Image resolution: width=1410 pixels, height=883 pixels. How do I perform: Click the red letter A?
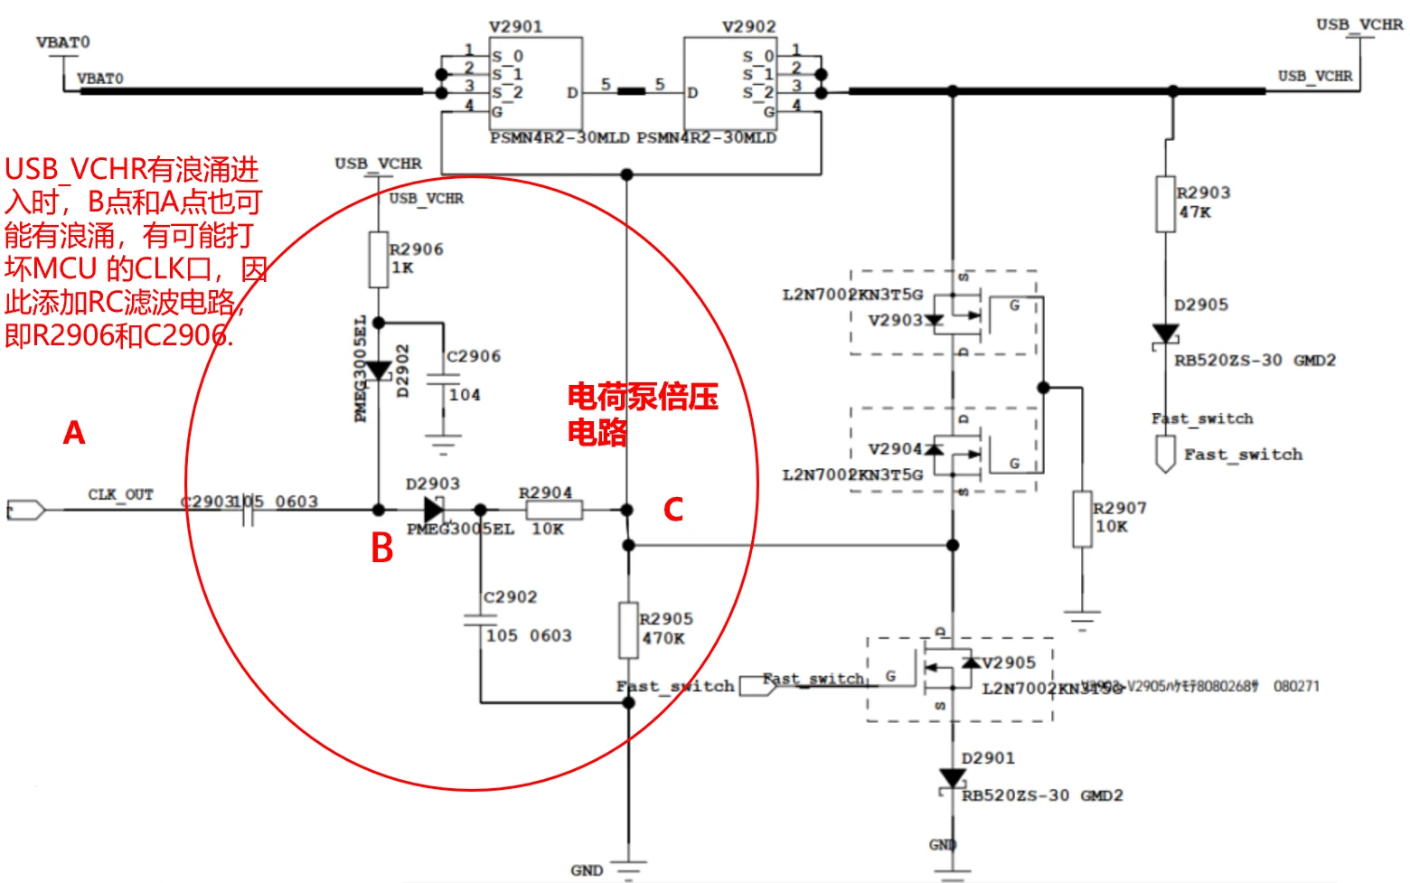pos(74,433)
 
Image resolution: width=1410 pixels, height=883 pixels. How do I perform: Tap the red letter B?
pos(382,548)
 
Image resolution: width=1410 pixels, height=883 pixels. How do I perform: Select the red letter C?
pos(673,510)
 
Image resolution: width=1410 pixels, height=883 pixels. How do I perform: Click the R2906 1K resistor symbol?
pos(379,259)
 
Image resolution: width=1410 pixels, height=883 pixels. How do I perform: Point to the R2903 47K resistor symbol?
pos(1166,204)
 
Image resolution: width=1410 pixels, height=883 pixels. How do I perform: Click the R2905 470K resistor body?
pos(629,630)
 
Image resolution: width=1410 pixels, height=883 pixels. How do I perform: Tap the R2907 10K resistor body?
pos(1082,519)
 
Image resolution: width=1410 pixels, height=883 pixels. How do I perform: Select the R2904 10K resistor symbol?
pos(554,510)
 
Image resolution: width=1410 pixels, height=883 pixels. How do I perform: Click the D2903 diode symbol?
pos(433,510)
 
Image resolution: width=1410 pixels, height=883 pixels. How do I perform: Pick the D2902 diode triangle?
pos(379,371)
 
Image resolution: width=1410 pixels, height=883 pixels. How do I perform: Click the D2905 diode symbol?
pos(1166,334)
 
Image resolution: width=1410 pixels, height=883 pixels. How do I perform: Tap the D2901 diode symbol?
pos(952,778)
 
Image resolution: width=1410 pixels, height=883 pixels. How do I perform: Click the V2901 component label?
pos(516,27)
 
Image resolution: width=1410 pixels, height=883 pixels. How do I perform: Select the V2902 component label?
pos(749,27)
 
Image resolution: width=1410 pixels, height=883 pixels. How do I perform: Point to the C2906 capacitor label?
pos(474,356)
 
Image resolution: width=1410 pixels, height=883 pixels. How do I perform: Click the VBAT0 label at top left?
pos(63,42)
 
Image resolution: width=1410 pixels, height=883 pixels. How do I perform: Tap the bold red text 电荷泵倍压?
pos(643,397)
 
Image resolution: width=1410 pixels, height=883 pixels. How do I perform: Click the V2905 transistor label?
pos(1009,662)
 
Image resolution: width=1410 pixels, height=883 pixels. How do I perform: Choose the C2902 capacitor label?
pos(511,596)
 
